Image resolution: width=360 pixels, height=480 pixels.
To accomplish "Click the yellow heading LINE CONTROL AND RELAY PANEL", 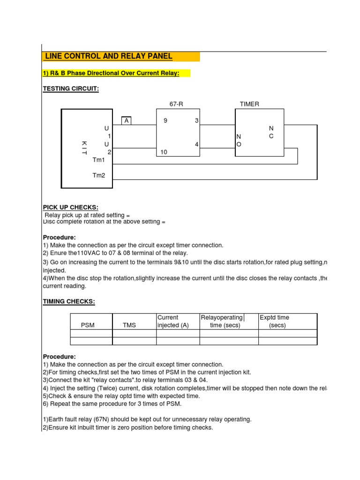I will (x=108, y=57).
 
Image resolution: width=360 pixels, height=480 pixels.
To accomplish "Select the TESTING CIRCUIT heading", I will (x=71, y=89).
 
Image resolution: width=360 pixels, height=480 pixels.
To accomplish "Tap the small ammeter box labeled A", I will (x=126, y=121).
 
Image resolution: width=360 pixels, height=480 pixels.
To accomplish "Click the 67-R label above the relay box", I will (x=176, y=104).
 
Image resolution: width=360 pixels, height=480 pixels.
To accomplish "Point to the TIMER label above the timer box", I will (x=249, y=104).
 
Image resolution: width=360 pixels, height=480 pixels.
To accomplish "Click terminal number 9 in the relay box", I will (x=165, y=121).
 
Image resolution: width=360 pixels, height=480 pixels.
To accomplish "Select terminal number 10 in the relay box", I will (x=164, y=152).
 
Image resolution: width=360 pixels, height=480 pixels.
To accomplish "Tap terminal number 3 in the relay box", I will (x=197, y=121).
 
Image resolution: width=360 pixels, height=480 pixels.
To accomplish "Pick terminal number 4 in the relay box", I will (x=197, y=144).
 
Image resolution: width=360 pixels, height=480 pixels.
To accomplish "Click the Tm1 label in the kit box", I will (x=99, y=160).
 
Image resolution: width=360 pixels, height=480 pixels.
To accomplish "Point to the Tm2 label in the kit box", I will (x=99, y=175).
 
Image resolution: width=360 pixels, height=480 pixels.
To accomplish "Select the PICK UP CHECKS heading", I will (x=71, y=208).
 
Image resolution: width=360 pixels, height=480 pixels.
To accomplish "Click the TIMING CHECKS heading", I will (x=69, y=301).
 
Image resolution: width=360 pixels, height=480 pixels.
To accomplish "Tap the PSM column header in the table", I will (x=88, y=325).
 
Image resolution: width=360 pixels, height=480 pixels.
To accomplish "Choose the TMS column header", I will (x=129, y=325).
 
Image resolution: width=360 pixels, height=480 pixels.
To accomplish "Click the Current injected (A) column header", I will (x=173, y=322).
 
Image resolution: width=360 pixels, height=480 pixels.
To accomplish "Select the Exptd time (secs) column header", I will (x=276, y=322).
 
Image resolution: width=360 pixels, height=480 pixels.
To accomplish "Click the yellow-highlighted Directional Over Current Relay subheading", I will (x=117, y=74).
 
